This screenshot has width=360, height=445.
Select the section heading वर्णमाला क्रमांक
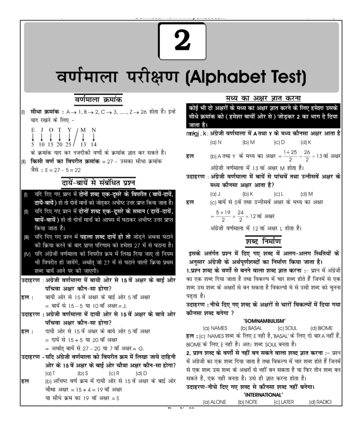pyautogui.click(x=98, y=99)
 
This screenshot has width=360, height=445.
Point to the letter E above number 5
pyautogui.click(x=33, y=130)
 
